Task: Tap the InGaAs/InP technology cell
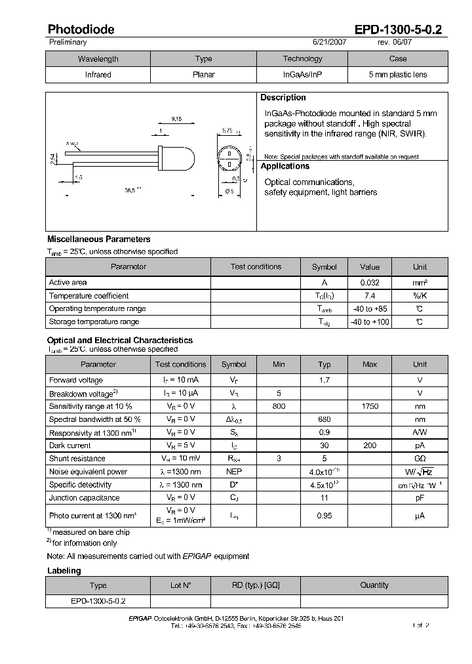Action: (302, 75)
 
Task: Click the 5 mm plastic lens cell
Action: (397, 75)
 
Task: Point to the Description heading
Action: (283, 98)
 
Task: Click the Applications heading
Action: (285, 167)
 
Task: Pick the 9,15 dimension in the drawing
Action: (176, 119)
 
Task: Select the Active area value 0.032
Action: (370, 283)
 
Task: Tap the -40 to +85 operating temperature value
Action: (370, 309)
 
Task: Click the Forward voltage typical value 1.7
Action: (324, 381)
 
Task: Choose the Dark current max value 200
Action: (370, 446)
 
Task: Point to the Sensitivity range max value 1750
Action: (370, 407)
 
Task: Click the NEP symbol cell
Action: (234, 472)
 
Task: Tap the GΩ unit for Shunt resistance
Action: (420, 459)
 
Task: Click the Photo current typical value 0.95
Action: (324, 516)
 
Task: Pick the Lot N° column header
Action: (180, 585)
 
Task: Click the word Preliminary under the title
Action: (68, 42)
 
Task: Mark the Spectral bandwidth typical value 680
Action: (324, 420)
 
